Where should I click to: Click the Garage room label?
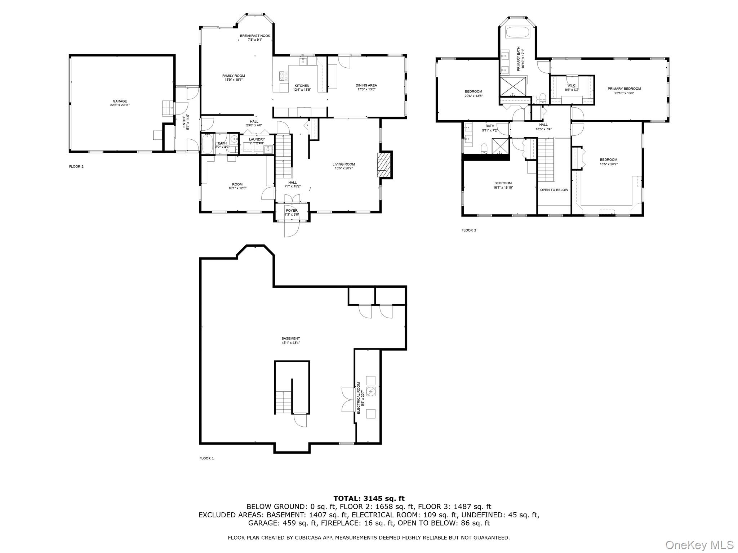(x=120, y=103)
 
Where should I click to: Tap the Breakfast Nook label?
(x=255, y=37)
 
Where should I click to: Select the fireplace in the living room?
(x=384, y=165)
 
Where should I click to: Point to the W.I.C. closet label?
(x=572, y=87)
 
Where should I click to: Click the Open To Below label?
(x=554, y=190)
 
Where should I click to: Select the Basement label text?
(x=290, y=341)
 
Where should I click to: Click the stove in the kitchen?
(x=284, y=76)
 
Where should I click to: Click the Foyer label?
(x=292, y=212)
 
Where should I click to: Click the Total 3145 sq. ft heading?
(x=369, y=499)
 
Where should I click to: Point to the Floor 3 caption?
(x=469, y=230)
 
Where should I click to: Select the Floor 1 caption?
(x=206, y=458)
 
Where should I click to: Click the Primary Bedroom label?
(x=624, y=91)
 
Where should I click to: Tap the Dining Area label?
(x=366, y=87)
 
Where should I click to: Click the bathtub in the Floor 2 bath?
(x=207, y=144)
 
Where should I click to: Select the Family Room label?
(x=233, y=78)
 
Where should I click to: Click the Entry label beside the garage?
(x=186, y=122)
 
